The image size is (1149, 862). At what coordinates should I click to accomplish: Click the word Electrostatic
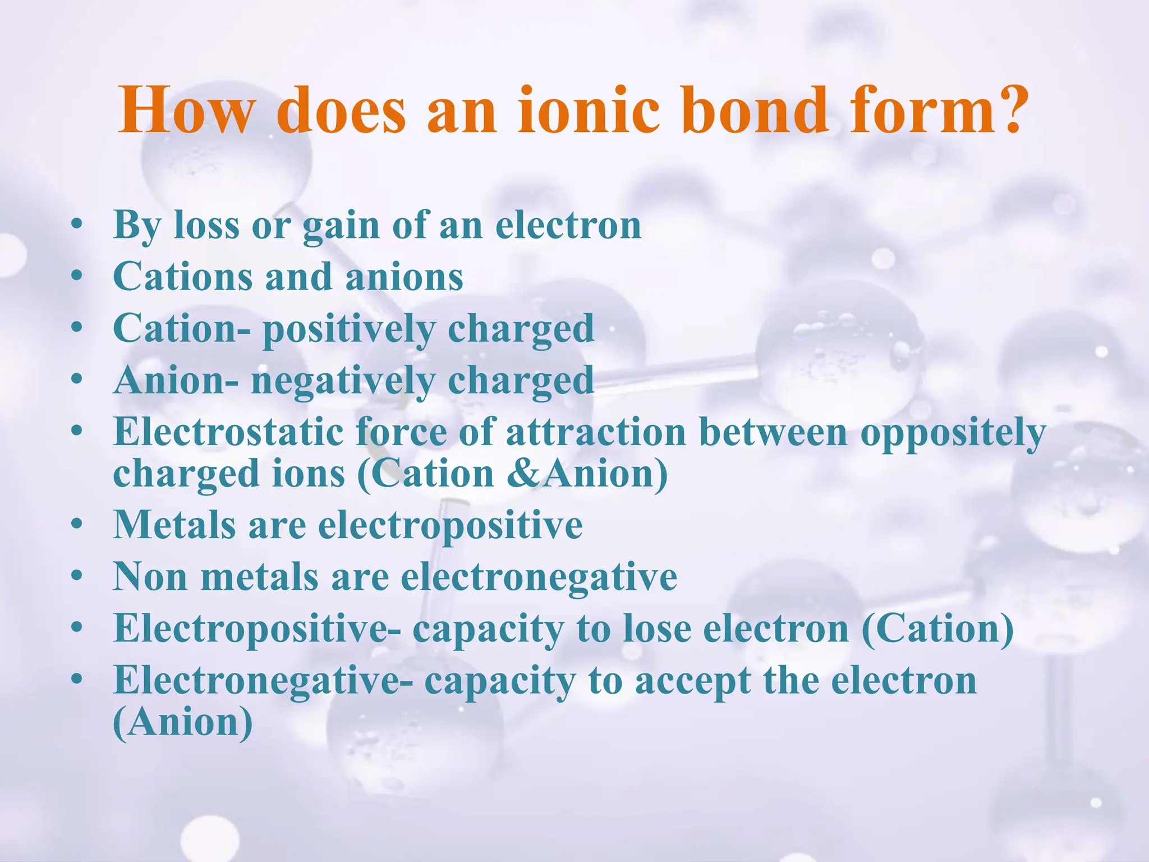tap(228, 432)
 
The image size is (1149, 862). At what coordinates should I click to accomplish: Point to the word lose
tap(657, 629)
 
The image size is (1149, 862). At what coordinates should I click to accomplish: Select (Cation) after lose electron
tap(937, 630)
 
